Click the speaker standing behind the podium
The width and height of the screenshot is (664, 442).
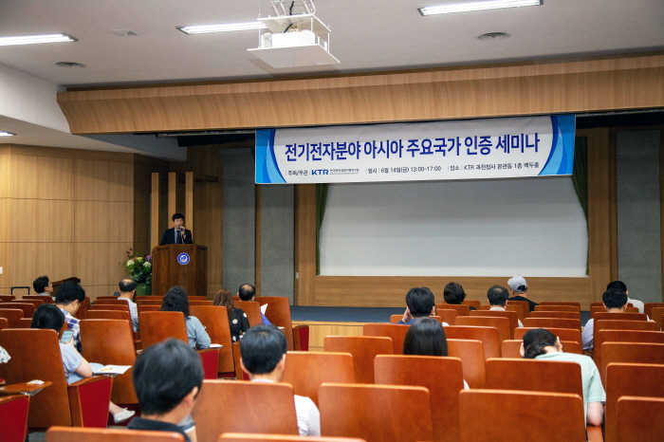click(176, 230)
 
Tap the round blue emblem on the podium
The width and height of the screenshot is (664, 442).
click(183, 258)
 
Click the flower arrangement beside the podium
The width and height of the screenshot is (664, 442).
click(139, 269)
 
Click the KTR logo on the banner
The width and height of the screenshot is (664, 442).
click(320, 172)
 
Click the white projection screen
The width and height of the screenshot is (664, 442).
click(452, 227)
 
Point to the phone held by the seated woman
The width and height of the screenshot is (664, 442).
click(66, 333)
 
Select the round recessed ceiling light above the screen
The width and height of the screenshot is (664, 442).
click(492, 36)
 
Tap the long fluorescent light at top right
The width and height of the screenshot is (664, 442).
click(480, 7)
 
